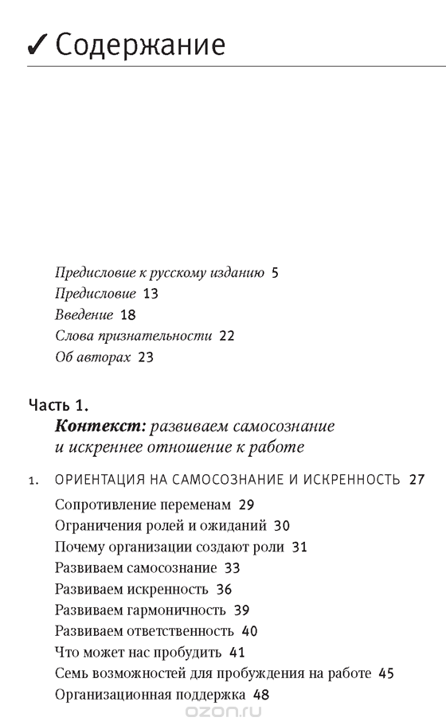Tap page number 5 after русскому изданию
pos(275,273)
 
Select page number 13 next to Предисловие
pos(151,294)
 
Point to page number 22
pos(226,336)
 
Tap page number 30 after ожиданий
pos(281,525)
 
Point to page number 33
pos(233,568)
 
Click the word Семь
pos(70,674)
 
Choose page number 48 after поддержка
pos(260,695)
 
